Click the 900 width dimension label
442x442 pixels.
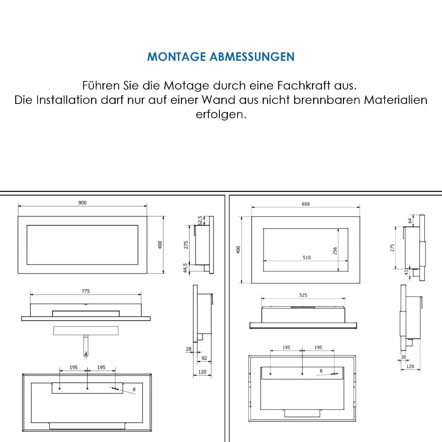tap(83, 203)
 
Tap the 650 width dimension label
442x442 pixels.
tap(305, 204)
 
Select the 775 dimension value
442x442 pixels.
tap(85, 291)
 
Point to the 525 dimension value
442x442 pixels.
tap(303, 295)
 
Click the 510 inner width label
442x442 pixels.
tap(306, 257)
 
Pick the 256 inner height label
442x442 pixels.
tap(335, 251)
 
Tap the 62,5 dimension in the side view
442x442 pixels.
tap(200, 220)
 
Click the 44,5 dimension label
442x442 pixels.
tap(185, 268)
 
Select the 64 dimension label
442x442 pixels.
tap(410, 221)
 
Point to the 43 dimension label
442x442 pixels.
tap(406, 273)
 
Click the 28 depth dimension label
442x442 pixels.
tap(189, 349)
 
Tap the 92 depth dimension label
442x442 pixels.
tap(204, 358)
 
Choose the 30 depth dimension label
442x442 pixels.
tap(403, 357)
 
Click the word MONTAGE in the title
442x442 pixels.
tap(176, 57)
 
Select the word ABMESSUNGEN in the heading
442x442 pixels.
tap(252, 57)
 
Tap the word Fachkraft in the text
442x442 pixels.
tap(304, 85)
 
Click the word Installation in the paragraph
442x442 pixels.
tap(67, 100)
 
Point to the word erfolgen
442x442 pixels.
tap(221, 115)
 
